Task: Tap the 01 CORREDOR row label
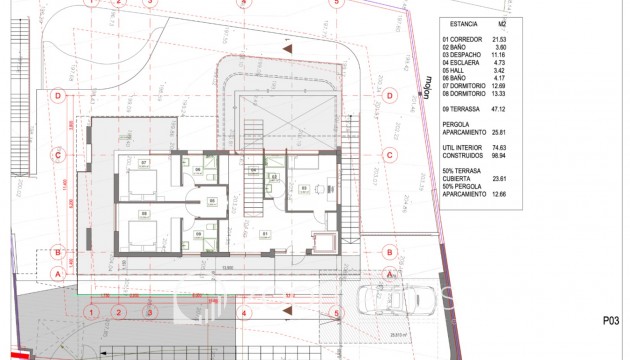tap(463, 39)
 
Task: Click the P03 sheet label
tap(613, 321)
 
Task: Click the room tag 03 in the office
tap(303, 187)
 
